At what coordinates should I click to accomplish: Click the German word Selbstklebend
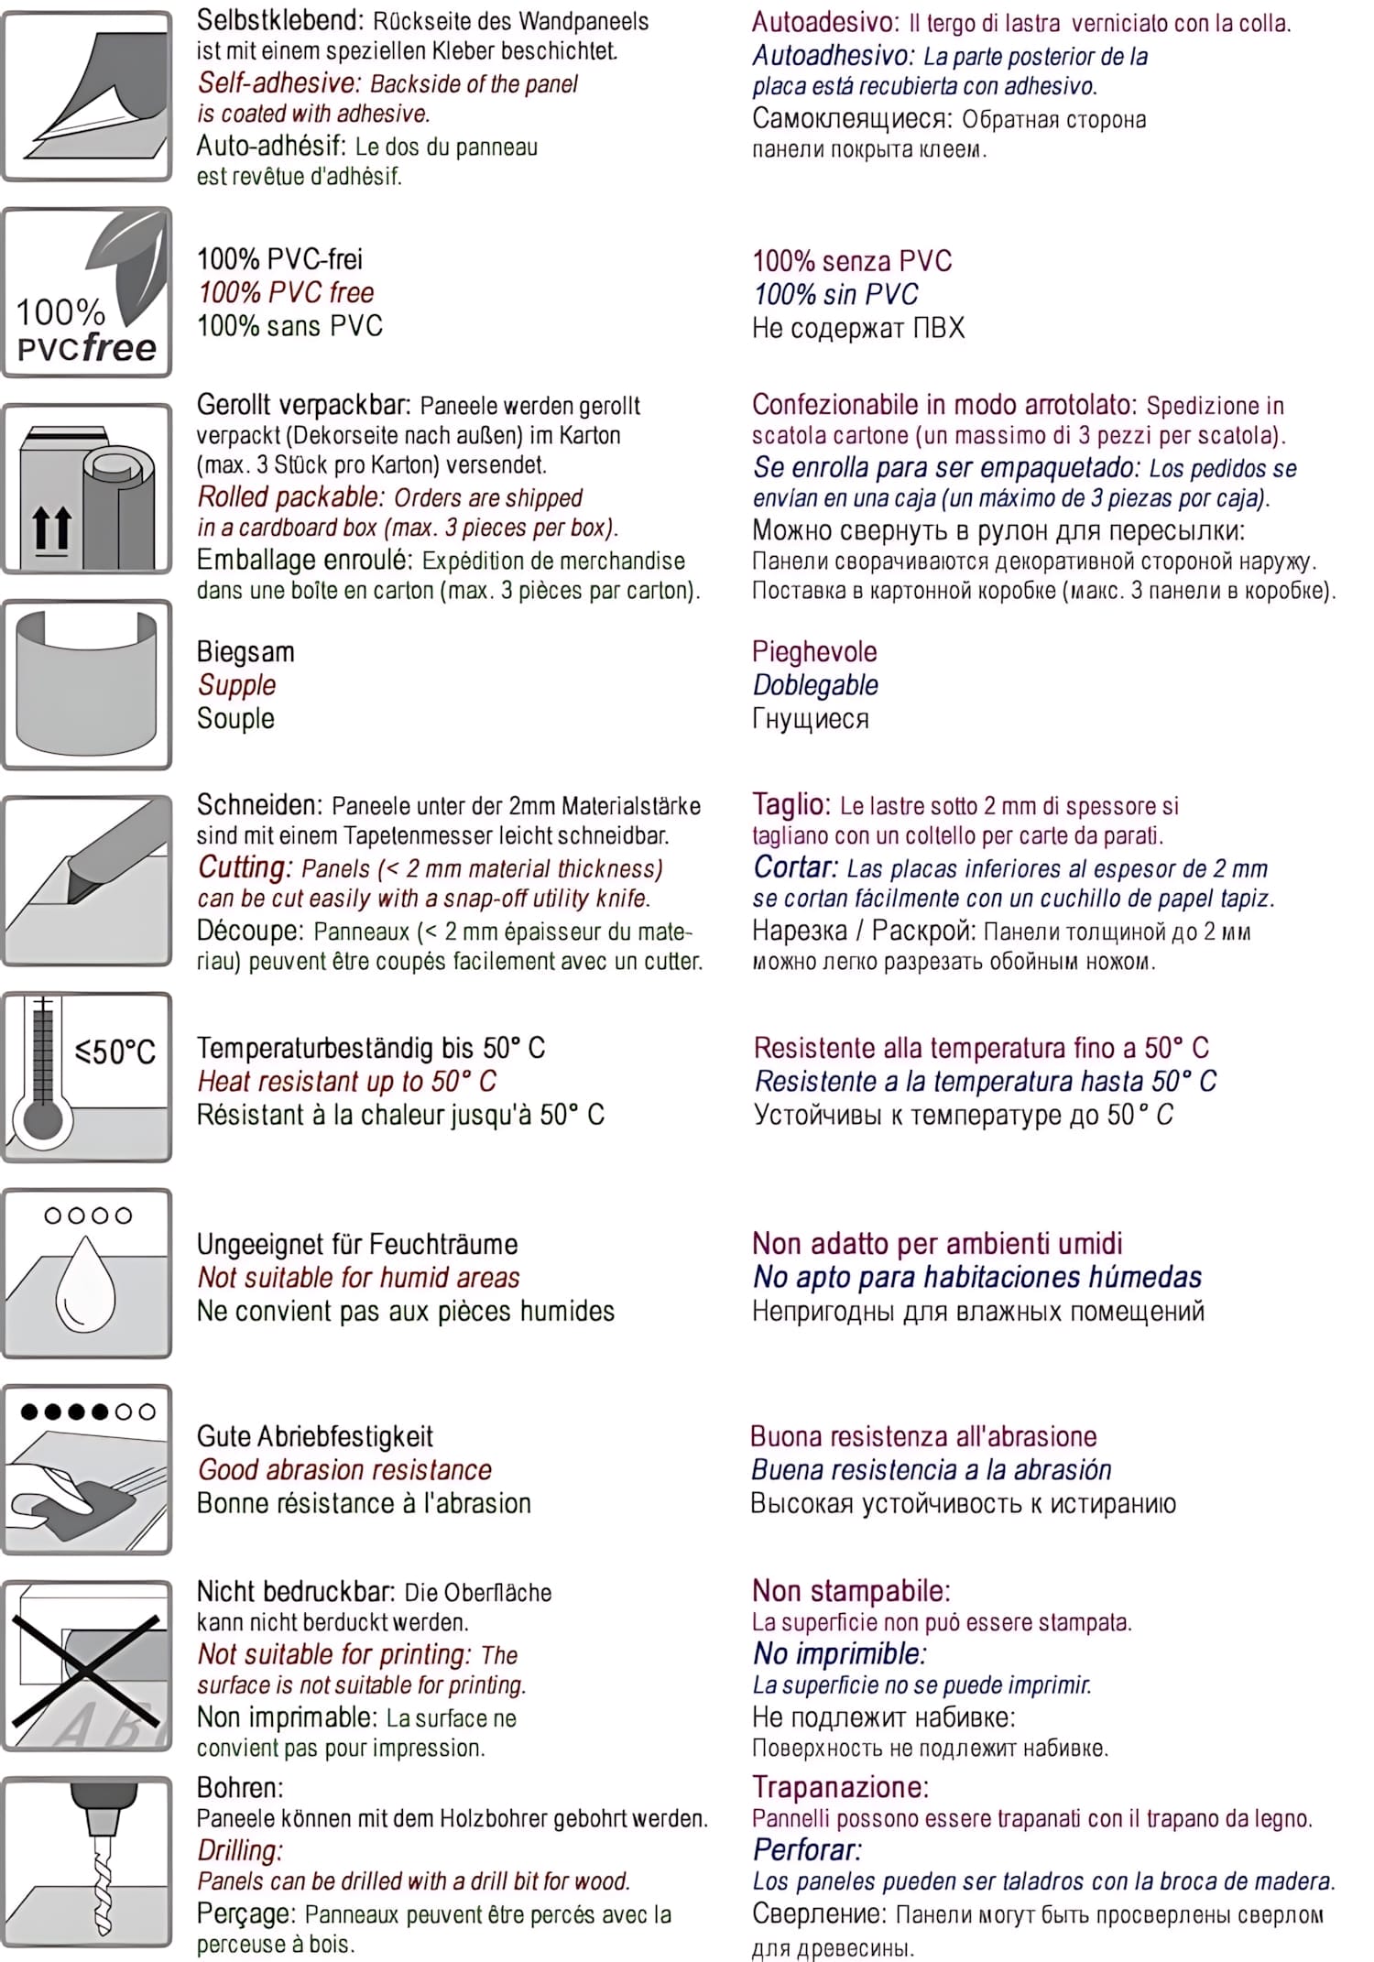click(276, 20)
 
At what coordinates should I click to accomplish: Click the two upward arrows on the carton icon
click(51, 529)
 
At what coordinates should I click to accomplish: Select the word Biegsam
click(245, 652)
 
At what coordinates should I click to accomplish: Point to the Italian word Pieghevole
click(814, 652)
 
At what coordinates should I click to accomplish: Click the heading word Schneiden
click(258, 805)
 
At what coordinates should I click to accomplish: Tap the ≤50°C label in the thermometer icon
click(115, 1052)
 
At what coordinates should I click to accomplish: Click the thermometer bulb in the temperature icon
click(42, 1119)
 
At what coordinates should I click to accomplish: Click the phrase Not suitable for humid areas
click(358, 1278)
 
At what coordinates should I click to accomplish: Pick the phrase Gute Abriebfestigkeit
click(315, 1436)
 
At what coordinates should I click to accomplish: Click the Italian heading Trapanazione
click(840, 1787)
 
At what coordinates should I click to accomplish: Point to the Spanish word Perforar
click(807, 1850)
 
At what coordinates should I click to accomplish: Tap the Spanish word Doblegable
click(815, 685)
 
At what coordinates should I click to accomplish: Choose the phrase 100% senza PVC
click(852, 261)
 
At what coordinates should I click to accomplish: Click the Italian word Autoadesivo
click(825, 22)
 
